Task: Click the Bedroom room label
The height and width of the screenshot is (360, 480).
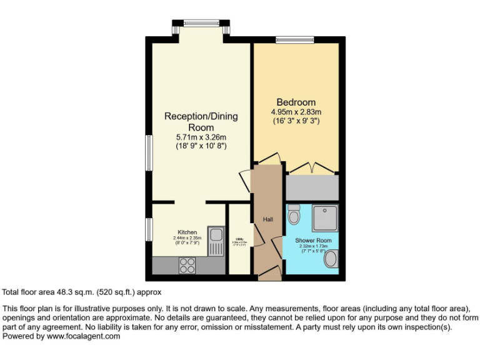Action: [296, 102]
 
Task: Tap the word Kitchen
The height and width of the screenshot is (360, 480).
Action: [187, 232]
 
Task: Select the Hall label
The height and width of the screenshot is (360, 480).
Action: [268, 219]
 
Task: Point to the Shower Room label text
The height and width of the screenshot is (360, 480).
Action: [314, 241]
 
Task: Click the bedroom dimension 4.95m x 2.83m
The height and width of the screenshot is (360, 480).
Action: [296, 112]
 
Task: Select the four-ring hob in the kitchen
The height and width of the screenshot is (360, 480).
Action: [187, 266]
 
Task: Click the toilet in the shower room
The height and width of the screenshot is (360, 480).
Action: [294, 216]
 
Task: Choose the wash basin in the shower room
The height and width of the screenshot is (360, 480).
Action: [332, 259]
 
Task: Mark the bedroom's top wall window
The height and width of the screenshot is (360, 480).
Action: [294, 40]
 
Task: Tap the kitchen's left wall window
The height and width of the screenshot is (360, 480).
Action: [149, 229]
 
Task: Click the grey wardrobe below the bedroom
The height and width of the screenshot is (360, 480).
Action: [312, 187]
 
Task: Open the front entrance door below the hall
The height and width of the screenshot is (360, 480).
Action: [269, 272]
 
